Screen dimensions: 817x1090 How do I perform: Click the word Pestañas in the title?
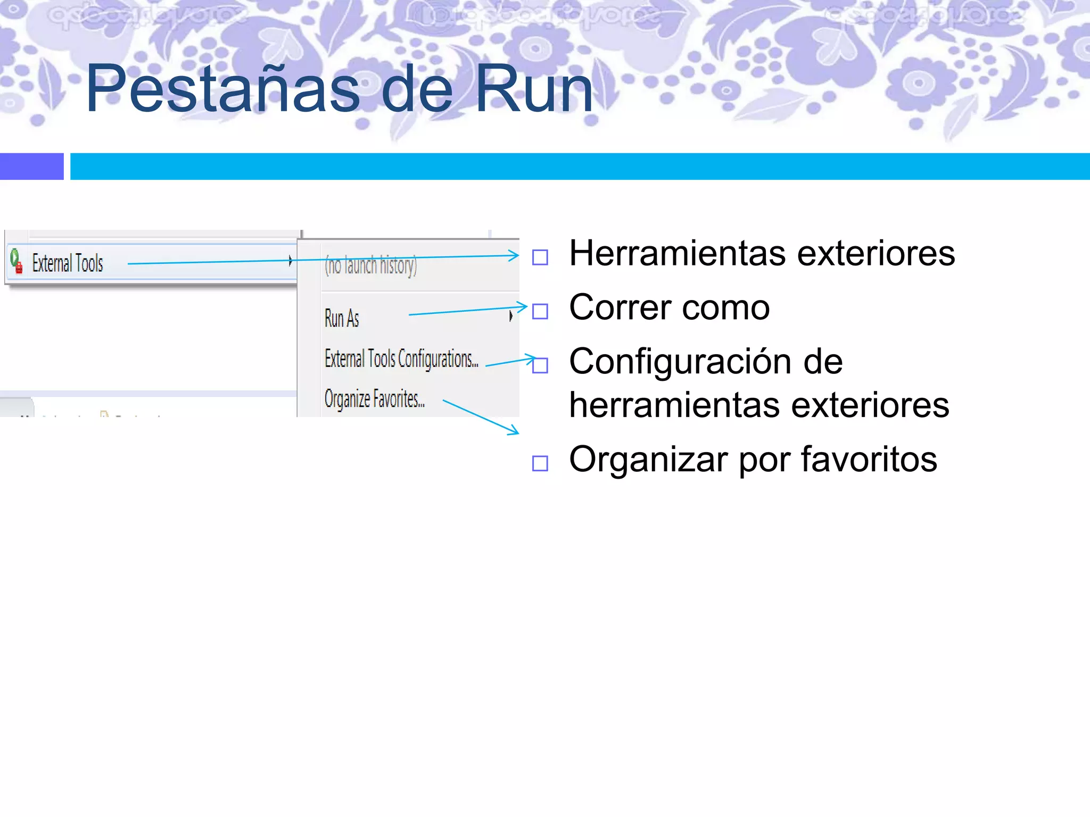(x=222, y=89)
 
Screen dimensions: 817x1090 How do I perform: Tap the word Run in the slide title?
(x=534, y=89)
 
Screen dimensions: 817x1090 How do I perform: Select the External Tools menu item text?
(x=68, y=263)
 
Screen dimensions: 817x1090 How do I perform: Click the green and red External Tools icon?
(x=16, y=261)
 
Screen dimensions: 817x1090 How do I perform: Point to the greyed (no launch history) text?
(x=371, y=265)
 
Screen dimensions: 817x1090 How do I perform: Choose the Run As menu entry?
(x=342, y=319)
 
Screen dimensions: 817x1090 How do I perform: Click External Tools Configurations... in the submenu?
(x=401, y=359)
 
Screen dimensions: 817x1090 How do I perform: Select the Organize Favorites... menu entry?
(x=374, y=399)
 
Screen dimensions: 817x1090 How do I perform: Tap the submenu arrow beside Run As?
(x=511, y=316)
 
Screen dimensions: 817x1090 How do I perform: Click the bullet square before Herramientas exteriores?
(x=540, y=257)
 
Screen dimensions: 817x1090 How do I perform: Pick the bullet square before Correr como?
(x=540, y=311)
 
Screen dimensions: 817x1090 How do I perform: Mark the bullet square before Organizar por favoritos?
(x=540, y=463)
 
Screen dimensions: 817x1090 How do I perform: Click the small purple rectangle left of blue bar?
(x=31, y=166)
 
